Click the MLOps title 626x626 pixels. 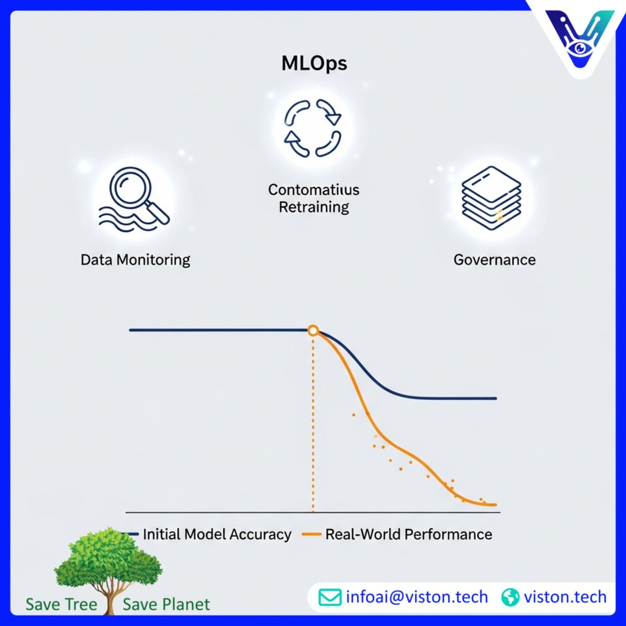pyautogui.click(x=314, y=64)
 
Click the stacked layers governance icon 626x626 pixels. pyautogui.click(x=491, y=198)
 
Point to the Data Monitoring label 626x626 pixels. pyautogui.click(x=135, y=259)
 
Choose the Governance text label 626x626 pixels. pyautogui.click(x=494, y=259)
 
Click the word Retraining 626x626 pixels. pyautogui.click(x=314, y=207)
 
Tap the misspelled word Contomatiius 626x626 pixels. pyautogui.click(x=314, y=189)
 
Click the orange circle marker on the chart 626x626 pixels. pyautogui.click(x=313, y=330)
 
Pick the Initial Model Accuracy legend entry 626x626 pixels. pyautogui.click(x=216, y=534)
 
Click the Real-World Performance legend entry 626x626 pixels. pyautogui.click(x=408, y=534)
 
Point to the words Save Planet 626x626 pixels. pyautogui.click(x=166, y=605)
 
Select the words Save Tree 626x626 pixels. pyautogui.click(x=61, y=605)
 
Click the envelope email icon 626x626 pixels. pyautogui.click(x=329, y=597)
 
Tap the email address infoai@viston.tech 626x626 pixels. pyautogui.click(x=416, y=597)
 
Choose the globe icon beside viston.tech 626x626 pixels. pyautogui.click(x=510, y=597)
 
